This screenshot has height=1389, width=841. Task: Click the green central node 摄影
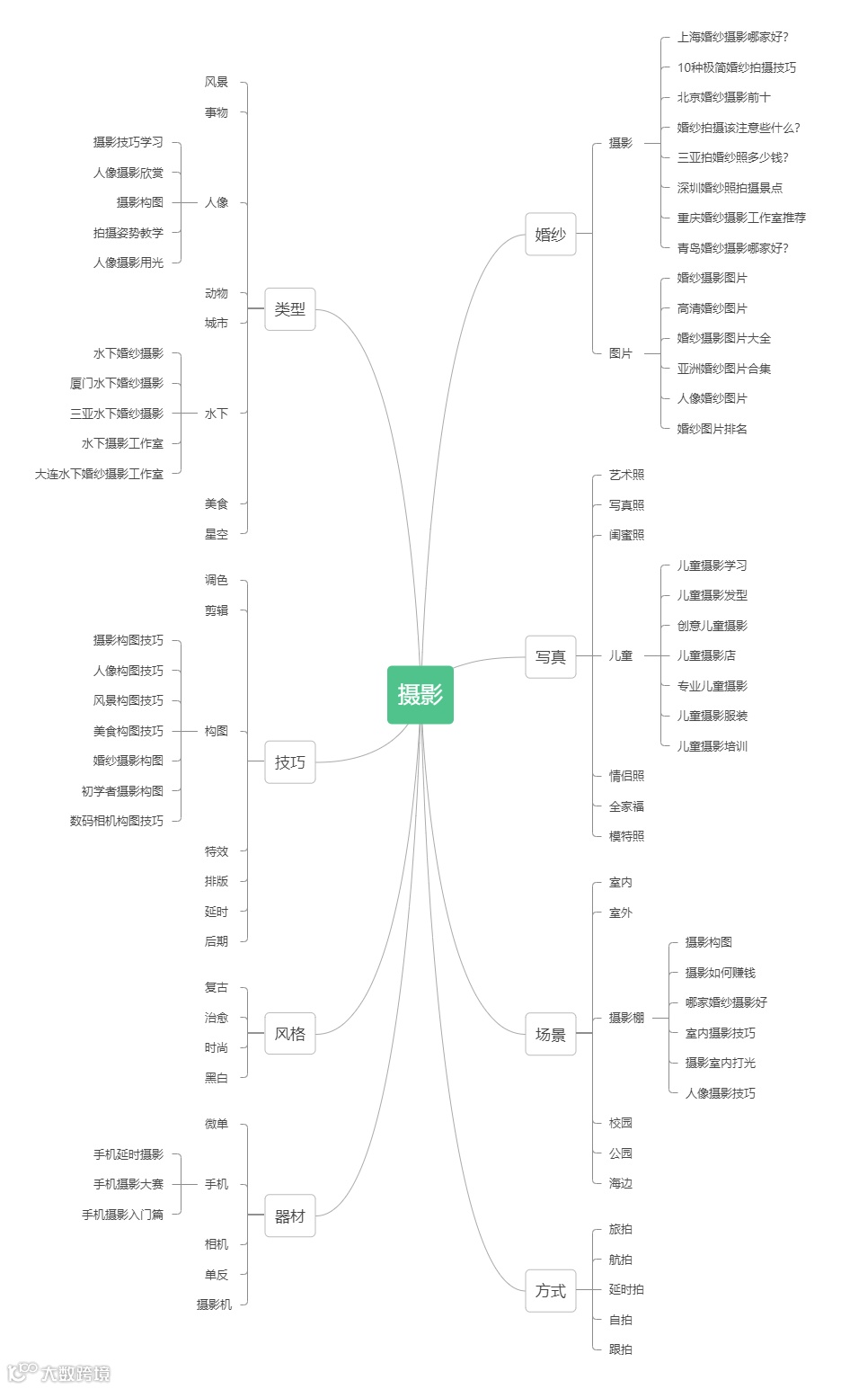[420, 694]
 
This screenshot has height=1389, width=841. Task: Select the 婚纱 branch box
[550, 234]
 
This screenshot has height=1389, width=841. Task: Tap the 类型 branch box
[290, 309]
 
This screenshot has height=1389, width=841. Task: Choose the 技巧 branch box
[290, 762]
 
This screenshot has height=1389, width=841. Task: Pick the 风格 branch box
[290, 1034]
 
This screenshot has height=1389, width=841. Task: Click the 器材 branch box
[290, 1216]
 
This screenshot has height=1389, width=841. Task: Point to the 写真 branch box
[550, 656]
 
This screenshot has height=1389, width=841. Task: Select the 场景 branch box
[550, 1034]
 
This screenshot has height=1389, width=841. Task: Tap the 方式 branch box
[550, 1290]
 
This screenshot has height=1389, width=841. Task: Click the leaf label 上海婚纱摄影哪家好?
[732, 37]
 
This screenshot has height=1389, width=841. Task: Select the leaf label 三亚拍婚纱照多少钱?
[732, 157]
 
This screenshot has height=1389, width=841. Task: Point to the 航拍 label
[620, 1260]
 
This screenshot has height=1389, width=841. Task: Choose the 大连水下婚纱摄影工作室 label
[100, 474]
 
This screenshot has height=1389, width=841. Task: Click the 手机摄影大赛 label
[128, 1184]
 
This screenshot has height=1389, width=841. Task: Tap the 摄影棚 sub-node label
[626, 1018]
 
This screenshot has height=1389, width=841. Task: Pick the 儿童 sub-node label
[620, 655]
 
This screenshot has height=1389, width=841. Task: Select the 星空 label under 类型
[217, 534]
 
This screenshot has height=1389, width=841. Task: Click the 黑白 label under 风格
[217, 1078]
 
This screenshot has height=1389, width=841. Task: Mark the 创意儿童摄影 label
[712, 626]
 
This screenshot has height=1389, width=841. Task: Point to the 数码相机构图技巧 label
[117, 821]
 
